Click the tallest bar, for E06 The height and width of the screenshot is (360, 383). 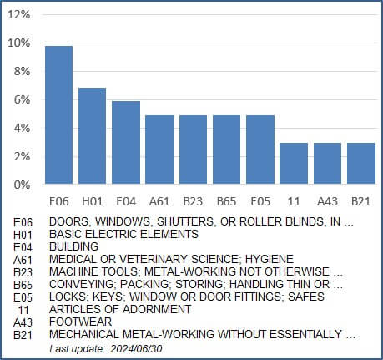[58, 114]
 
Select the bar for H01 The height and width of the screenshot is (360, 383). [92, 135]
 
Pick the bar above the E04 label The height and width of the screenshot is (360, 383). [126, 142]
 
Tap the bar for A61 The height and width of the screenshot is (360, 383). [159, 150]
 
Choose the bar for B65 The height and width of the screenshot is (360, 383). [226, 150]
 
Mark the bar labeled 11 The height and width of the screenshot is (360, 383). [294, 164]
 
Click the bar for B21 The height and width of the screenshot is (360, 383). [361, 164]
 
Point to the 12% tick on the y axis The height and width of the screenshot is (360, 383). [19, 14]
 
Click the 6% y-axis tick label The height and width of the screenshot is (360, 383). [22, 99]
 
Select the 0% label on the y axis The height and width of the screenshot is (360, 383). [22, 185]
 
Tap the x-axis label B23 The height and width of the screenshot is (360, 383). [193, 201]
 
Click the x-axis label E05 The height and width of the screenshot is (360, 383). [260, 201]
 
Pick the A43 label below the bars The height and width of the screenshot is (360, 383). [327, 201]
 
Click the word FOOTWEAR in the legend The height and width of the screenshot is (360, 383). [81, 322]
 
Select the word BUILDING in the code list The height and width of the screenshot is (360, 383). [74, 246]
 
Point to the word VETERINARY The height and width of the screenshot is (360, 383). [153, 259]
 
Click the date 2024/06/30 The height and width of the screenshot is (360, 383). [136, 349]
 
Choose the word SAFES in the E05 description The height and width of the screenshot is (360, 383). [306, 297]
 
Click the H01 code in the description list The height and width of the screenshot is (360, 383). [23, 236]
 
